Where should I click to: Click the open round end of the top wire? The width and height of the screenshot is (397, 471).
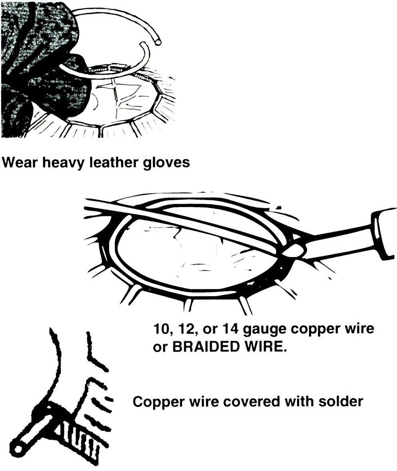(157, 43)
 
